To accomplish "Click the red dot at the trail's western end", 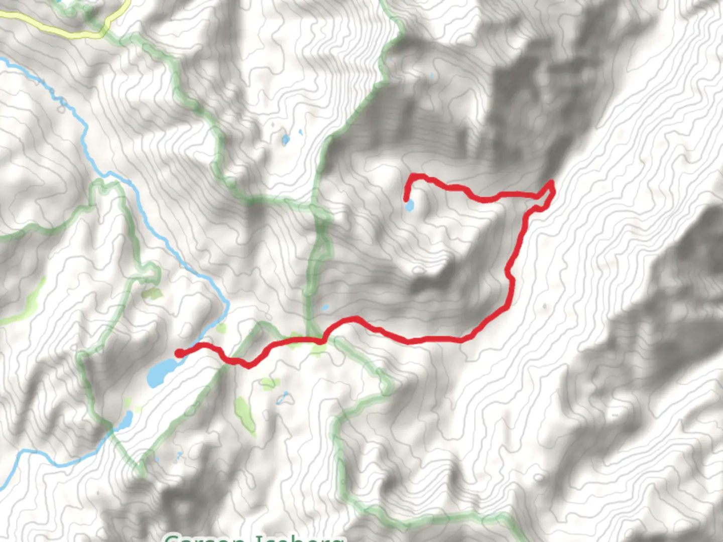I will tap(179, 353).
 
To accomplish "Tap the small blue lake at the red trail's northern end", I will tap(410, 205).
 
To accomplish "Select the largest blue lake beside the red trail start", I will tap(160, 372).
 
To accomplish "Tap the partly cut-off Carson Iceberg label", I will tap(254, 537).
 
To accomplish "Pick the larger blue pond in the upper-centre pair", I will tap(286, 140).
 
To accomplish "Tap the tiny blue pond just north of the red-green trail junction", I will tap(325, 307).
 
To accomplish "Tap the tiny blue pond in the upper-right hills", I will tap(432, 77).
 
